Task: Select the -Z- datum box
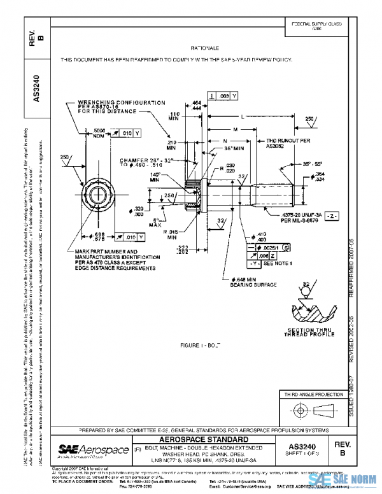point(331,216)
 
